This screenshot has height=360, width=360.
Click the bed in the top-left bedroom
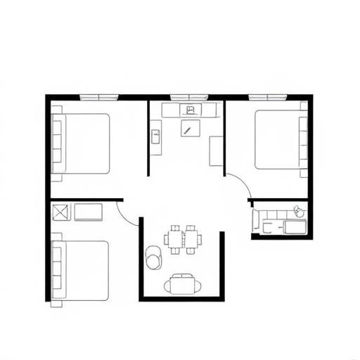[83, 143]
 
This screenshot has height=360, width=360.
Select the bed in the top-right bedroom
[278, 139]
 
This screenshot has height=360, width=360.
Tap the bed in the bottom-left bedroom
[82, 270]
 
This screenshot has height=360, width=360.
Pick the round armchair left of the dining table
[153, 258]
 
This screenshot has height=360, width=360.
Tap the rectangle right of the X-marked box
[89, 212]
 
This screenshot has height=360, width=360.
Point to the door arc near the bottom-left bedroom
[129, 211]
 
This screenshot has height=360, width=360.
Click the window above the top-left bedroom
[98, 96]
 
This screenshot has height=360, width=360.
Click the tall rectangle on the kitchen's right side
[217, 150]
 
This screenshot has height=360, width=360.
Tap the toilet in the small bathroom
[299, 210]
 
